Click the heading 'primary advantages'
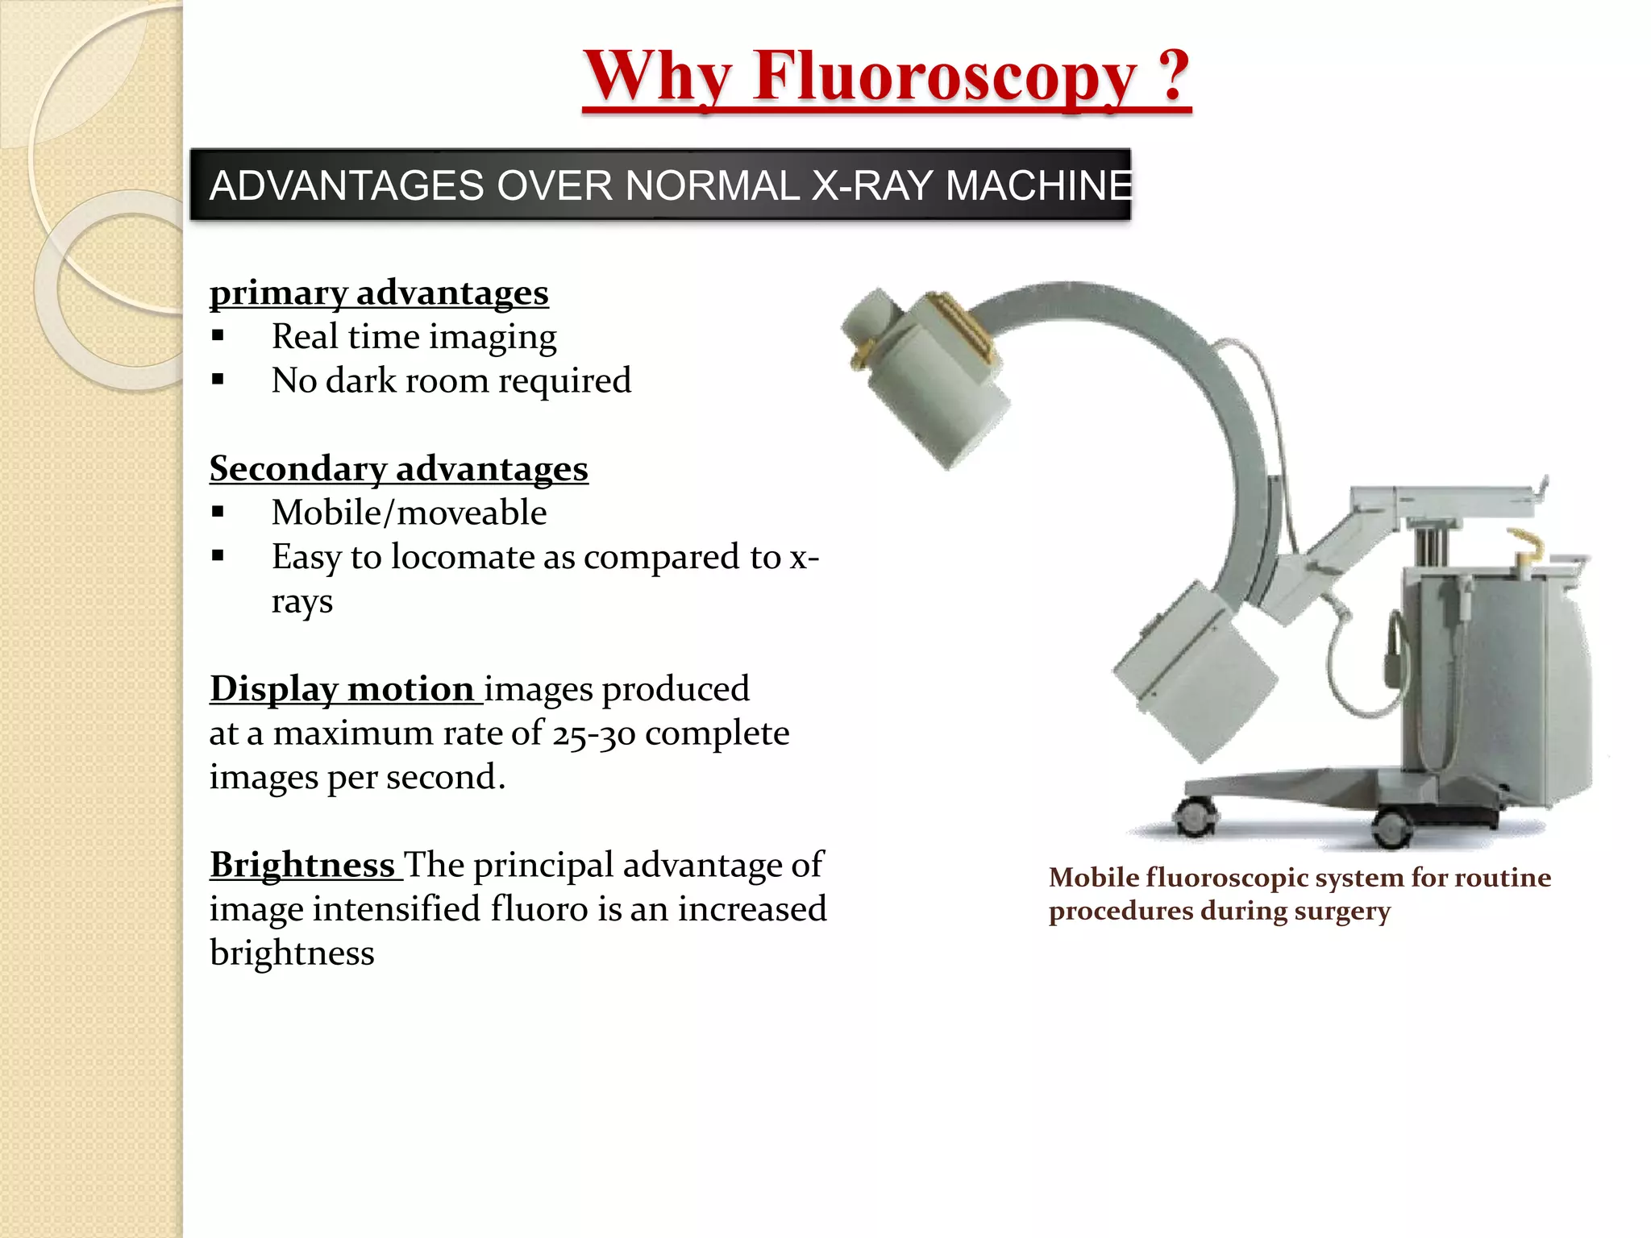point(379,293)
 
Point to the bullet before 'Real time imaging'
point(218,337)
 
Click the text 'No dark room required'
point(451,380)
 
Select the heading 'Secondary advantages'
point(398,468)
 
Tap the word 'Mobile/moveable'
point(409,513)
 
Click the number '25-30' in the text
point(593,733)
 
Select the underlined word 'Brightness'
point(302,865)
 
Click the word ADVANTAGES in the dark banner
point(347,185)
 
